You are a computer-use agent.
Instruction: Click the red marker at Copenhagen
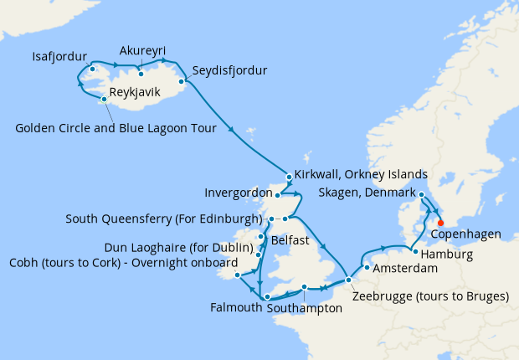point(441,223)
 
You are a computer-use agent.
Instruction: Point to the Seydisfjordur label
point(229,70)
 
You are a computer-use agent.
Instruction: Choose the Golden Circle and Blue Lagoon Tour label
point(116,129)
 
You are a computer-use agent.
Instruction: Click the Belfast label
point(290,240)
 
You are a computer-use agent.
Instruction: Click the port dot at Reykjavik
point(104,100)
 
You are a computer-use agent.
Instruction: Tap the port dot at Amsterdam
point(367,268)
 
